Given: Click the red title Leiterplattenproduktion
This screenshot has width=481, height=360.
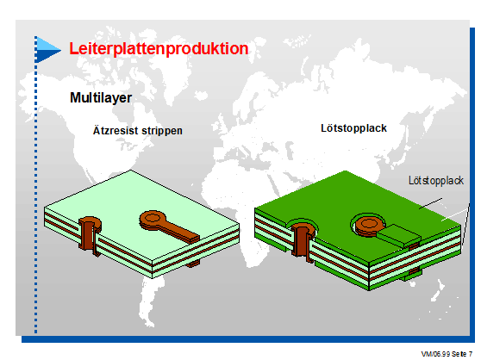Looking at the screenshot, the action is coord(159,49).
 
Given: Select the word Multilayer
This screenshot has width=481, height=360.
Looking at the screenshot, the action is coord(101,98).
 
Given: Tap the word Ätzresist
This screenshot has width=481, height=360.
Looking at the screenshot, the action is coord(116,130).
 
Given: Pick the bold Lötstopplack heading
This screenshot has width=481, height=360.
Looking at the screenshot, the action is coord(353,128).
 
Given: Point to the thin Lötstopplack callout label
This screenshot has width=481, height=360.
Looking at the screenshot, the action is coord(436,181).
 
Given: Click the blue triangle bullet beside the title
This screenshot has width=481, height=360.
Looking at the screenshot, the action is coord(48,50).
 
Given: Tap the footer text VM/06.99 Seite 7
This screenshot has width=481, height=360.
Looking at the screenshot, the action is coord(447,354).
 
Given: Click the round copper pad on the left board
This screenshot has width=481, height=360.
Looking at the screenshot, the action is coord(153,219).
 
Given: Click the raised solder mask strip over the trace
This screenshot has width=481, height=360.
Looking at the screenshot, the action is coord(399,235).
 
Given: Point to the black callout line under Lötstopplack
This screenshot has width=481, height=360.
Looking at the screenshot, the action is coord(431,203).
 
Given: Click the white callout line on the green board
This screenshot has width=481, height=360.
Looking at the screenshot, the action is coord(455,212).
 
